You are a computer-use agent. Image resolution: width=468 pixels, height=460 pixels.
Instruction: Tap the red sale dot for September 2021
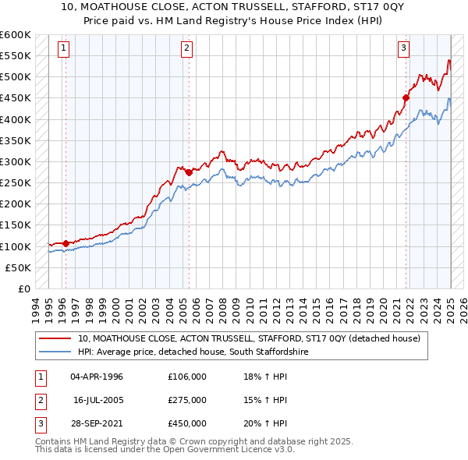coord(406,97)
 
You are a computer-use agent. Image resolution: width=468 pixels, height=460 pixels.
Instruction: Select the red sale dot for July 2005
coord(190,172)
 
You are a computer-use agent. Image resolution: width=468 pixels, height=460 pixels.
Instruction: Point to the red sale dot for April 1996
coord(66,242)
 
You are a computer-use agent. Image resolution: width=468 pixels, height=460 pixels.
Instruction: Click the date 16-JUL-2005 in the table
coord(98,400)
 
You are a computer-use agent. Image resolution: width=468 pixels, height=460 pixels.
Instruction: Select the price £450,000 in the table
coord(186,423)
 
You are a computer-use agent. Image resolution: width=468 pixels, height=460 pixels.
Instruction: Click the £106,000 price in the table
coord(186,377)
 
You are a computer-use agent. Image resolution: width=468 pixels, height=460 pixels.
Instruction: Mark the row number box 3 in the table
coord(39,423)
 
